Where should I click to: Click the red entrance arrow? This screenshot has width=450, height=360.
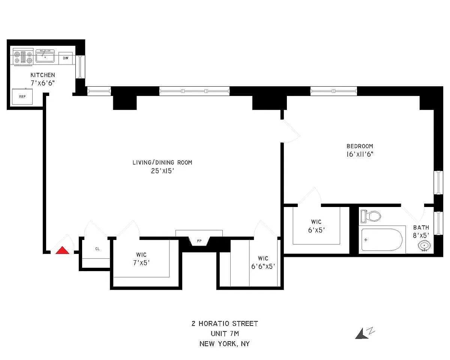click(62, 250)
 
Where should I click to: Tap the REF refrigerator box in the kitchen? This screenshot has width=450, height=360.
click(22, 97)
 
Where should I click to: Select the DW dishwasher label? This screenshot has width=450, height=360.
click(66, 58)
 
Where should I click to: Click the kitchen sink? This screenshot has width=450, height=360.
click(45, 57)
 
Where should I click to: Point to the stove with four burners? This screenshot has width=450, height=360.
click(23, 57)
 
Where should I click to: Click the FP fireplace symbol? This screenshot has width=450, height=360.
click(199, 240)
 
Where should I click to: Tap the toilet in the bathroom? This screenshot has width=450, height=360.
click(370, 216)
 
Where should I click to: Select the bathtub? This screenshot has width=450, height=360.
click(382, 240)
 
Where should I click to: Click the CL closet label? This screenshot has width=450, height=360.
click(97, 248)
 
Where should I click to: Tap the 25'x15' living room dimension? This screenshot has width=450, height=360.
click(162, 171)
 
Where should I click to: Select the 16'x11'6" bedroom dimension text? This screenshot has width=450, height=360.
click(360, 154)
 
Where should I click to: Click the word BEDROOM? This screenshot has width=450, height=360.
click(360, 146)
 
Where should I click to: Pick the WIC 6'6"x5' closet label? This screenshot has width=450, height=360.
click(263, 262)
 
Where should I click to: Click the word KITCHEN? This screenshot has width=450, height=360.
click(43, 75)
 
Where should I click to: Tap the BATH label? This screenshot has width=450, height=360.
click(421, 228)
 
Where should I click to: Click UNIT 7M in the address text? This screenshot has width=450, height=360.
click(224, 333)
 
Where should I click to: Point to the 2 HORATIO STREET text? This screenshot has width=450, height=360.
click(224, 324)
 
